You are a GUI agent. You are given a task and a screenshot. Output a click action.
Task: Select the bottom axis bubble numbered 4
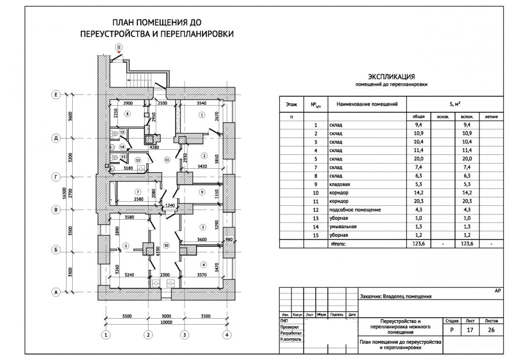click(x=227, y=335)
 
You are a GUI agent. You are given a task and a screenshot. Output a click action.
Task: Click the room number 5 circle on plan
click(x=126, y=246)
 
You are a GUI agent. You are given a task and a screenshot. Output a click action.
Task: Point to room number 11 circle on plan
click(x=167, y=160)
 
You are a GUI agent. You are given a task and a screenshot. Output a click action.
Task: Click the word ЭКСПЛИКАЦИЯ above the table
click(x=391, y=77)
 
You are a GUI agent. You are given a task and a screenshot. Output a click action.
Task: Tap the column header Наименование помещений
click(x=367, y=104)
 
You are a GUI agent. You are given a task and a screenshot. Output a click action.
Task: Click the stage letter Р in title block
click(x=451, y=330)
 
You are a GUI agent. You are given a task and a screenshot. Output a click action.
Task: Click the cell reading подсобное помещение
click(x=355, y=210)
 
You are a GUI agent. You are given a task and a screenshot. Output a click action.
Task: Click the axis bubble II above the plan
click(x=119, y=48)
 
